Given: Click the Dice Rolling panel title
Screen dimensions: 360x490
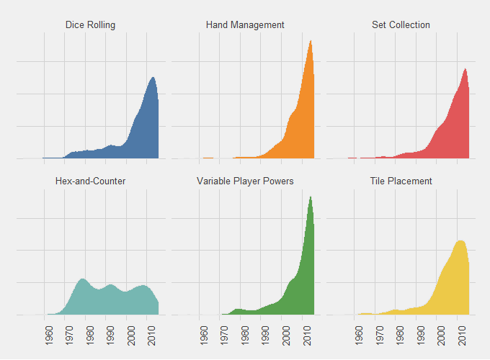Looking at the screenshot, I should (90, 25).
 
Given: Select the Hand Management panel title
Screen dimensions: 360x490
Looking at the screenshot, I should (245, 25).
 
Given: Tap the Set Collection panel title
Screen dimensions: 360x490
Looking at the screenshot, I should (401, 25).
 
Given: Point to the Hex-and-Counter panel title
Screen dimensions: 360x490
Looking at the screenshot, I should (90, 181).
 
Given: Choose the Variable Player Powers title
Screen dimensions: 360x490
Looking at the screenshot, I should (245, 181).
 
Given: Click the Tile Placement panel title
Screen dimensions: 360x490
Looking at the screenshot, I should (401, 181).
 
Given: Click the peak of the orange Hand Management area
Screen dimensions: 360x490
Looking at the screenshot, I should (311, 41).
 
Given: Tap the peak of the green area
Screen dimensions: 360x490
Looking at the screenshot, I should (311, 197).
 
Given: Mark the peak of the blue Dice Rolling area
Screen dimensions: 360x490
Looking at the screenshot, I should (152, 78).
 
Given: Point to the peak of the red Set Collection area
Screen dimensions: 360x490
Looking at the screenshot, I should (465, 69).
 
